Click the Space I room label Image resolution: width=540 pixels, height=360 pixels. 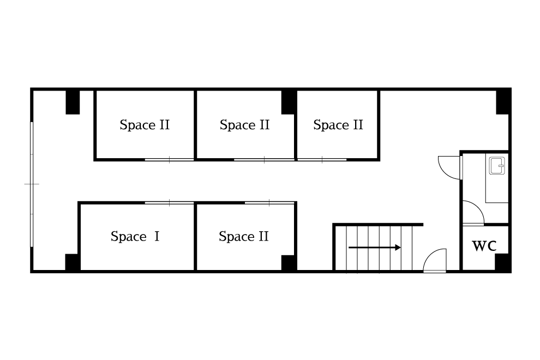[135, 237]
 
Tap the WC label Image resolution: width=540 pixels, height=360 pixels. [484, 246]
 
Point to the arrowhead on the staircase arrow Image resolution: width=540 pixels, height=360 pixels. [399, 248]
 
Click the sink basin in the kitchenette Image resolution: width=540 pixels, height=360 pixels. [497, 165]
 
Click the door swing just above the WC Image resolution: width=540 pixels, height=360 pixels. [472, 213]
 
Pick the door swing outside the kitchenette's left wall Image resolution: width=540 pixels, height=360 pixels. [449, 166]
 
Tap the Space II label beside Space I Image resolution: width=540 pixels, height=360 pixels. [243, 237]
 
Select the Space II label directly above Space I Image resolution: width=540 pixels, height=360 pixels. [145, 125]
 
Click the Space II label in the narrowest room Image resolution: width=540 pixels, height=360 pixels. [338, 125]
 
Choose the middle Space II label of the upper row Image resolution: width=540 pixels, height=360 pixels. [244, 125]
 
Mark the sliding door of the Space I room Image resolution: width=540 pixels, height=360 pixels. [169, 203]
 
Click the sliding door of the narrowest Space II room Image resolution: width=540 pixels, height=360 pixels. [322, 159]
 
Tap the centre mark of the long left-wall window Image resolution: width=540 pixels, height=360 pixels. [32, 184]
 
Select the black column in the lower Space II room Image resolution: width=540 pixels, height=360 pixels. [289, 262]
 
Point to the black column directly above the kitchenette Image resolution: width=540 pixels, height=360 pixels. [503, 101]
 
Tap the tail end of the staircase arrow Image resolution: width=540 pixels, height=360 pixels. [350, 248]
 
